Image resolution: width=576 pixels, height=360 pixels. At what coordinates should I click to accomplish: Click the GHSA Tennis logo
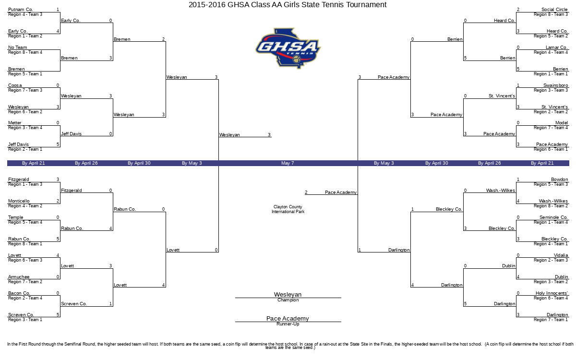(288, 48)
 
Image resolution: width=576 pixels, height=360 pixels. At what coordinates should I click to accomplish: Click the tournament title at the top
(287, 5)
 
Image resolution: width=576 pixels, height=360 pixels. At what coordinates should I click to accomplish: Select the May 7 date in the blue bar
(288, 163)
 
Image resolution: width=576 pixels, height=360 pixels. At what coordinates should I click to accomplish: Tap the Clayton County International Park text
(288, 209)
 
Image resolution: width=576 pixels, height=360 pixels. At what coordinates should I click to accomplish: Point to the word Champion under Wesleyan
(288, 300)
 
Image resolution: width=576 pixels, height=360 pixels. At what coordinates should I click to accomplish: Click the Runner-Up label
(288, 324)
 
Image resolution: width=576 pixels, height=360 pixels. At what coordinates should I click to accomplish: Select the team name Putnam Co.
(21, 10)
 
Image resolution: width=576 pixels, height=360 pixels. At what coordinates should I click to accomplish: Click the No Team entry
(18, 48)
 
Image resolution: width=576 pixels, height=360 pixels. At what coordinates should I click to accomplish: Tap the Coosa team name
(15, 85)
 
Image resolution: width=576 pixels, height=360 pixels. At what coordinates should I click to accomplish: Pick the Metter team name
(15, 123)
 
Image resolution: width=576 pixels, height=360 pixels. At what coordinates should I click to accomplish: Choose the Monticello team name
(19, 201)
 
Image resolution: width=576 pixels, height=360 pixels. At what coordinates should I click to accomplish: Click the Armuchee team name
(19, 277)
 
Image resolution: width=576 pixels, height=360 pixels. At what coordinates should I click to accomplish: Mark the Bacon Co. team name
(19, 293)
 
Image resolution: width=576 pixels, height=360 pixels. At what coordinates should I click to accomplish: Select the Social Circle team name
(554, 10)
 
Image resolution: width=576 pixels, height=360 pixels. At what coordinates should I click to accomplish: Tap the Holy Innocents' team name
(552, 293)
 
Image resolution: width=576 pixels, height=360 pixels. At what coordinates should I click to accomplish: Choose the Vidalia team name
(561, 255)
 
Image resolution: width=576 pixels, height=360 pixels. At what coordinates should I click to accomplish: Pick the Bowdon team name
(559, 180)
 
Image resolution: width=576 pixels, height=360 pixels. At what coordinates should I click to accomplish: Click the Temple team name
(16, 217)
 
